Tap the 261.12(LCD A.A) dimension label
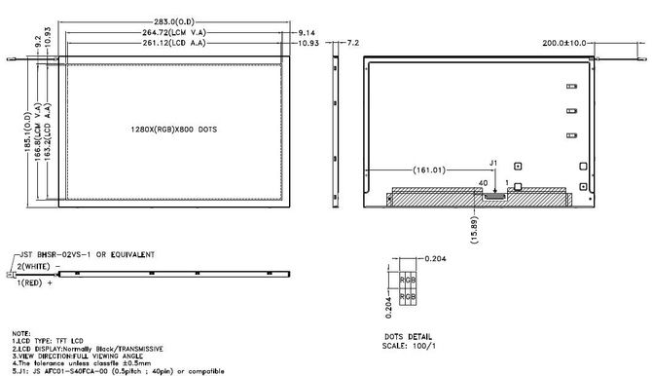pyautogui.click(x=173, y=44)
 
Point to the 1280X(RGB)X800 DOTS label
pyautogui.click(x=173, y=129)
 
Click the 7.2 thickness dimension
pyautogui.click(x=352, y=44)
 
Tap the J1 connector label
pyautogui.click(x=492, y=163)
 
